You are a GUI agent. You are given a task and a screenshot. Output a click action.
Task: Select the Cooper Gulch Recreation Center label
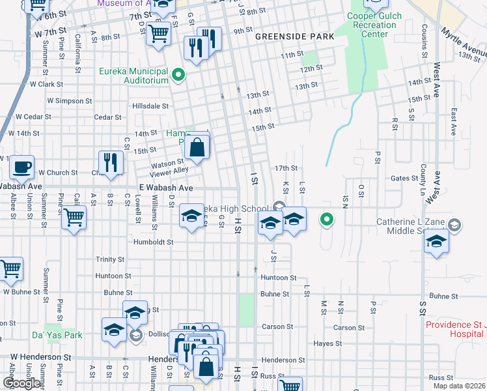371,25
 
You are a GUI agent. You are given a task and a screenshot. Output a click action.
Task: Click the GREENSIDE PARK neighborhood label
294,36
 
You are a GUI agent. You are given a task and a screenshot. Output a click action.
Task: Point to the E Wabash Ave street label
166,187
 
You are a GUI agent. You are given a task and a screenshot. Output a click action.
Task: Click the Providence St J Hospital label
456,329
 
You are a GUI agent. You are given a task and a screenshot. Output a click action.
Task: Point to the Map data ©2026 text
459,386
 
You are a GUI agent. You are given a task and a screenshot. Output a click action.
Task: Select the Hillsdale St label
150,106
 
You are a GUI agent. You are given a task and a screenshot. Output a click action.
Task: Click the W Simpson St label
61,101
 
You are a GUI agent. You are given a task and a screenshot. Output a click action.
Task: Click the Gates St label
404,178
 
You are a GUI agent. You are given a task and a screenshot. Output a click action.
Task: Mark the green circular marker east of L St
327,220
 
